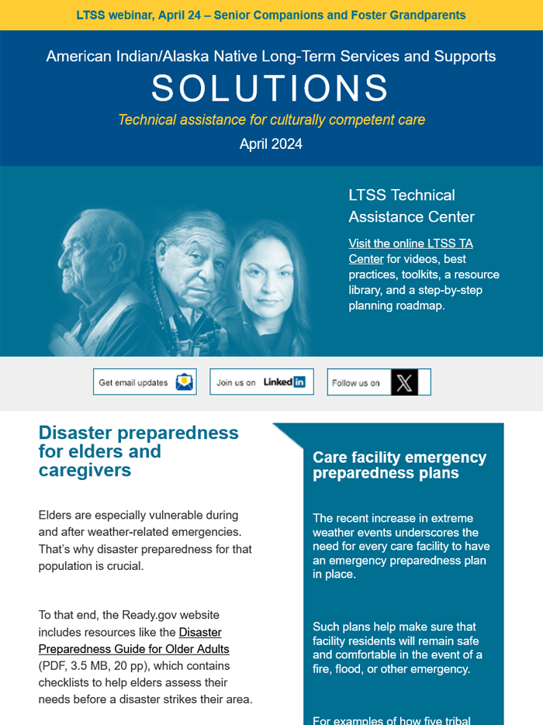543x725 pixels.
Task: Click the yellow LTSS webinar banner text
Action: [271, 15]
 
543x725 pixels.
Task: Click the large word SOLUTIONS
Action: [270, 89]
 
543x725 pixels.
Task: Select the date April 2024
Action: [271, 144]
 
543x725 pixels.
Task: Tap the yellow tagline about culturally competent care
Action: [271, 119]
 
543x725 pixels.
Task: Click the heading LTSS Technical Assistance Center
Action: [411, 205]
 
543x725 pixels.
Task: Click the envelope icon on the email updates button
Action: [184, 382]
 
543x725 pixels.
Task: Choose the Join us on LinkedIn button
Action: [261, 382]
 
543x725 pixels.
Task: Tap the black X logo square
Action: [404, 382]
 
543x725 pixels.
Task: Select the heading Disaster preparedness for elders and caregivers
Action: [138, 451]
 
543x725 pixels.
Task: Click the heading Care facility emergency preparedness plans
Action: [399, 465]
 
